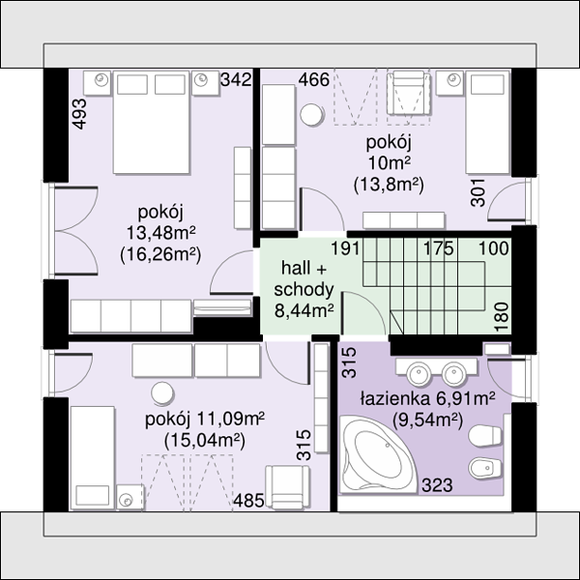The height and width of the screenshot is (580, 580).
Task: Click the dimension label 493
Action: point(80,114)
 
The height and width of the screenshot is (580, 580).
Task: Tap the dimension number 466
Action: point(313,80)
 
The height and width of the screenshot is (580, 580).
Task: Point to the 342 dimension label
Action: point(236,80)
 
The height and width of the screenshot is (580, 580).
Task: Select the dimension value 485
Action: point(248,501)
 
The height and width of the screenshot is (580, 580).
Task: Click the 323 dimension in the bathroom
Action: point(437,485)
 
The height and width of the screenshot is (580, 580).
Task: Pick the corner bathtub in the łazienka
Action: point(377,454)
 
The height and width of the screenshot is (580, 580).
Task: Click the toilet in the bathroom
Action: point(485,437)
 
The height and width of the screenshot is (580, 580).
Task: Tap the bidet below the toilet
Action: point(485,468)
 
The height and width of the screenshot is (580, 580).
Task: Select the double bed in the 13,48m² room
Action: point(152,123)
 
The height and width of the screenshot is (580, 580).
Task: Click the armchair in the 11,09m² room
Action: point(287,487)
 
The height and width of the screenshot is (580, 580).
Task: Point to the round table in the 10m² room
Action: point(312,115)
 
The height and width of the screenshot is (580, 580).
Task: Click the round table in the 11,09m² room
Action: point(162,393)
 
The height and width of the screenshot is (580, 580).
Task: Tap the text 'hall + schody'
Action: point(304,279)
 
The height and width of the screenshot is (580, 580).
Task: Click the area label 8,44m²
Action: point(304,310)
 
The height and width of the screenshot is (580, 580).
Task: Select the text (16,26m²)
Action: point(160,254)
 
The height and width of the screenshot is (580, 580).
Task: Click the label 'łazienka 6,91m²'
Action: point(428,398)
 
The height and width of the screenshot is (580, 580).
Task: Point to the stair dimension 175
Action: point(438,248)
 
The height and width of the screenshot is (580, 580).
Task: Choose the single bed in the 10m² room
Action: point(487,123)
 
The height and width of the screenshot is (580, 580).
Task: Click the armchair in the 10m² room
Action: point(409,94)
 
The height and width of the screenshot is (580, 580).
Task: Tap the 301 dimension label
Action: point(478,192)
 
